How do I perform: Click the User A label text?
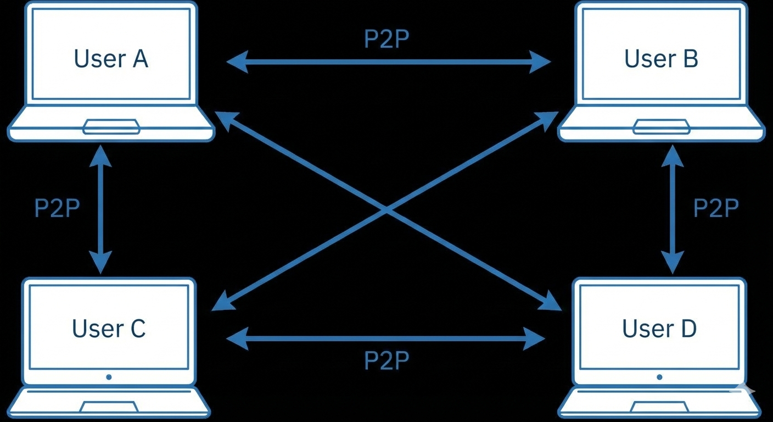[x=111, y=59]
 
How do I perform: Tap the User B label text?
[x=661, y=59]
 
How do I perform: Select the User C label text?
[x=109, y=328]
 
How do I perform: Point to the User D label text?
[x=659, y=328]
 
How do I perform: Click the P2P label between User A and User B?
[x=386, y=39]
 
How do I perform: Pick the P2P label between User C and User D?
[x=386, y=360]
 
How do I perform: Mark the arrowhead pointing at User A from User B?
[x=237, y=62]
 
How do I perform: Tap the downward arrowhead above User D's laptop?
[x=672, y=263]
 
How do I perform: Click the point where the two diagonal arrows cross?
[x=386, y=209]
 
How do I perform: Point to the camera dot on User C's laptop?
[x=109, y=377]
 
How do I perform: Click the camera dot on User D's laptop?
[x=659, y=377]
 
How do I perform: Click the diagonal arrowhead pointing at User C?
[x=222, y=303]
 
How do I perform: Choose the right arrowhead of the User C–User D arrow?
[x=534, y=338]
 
